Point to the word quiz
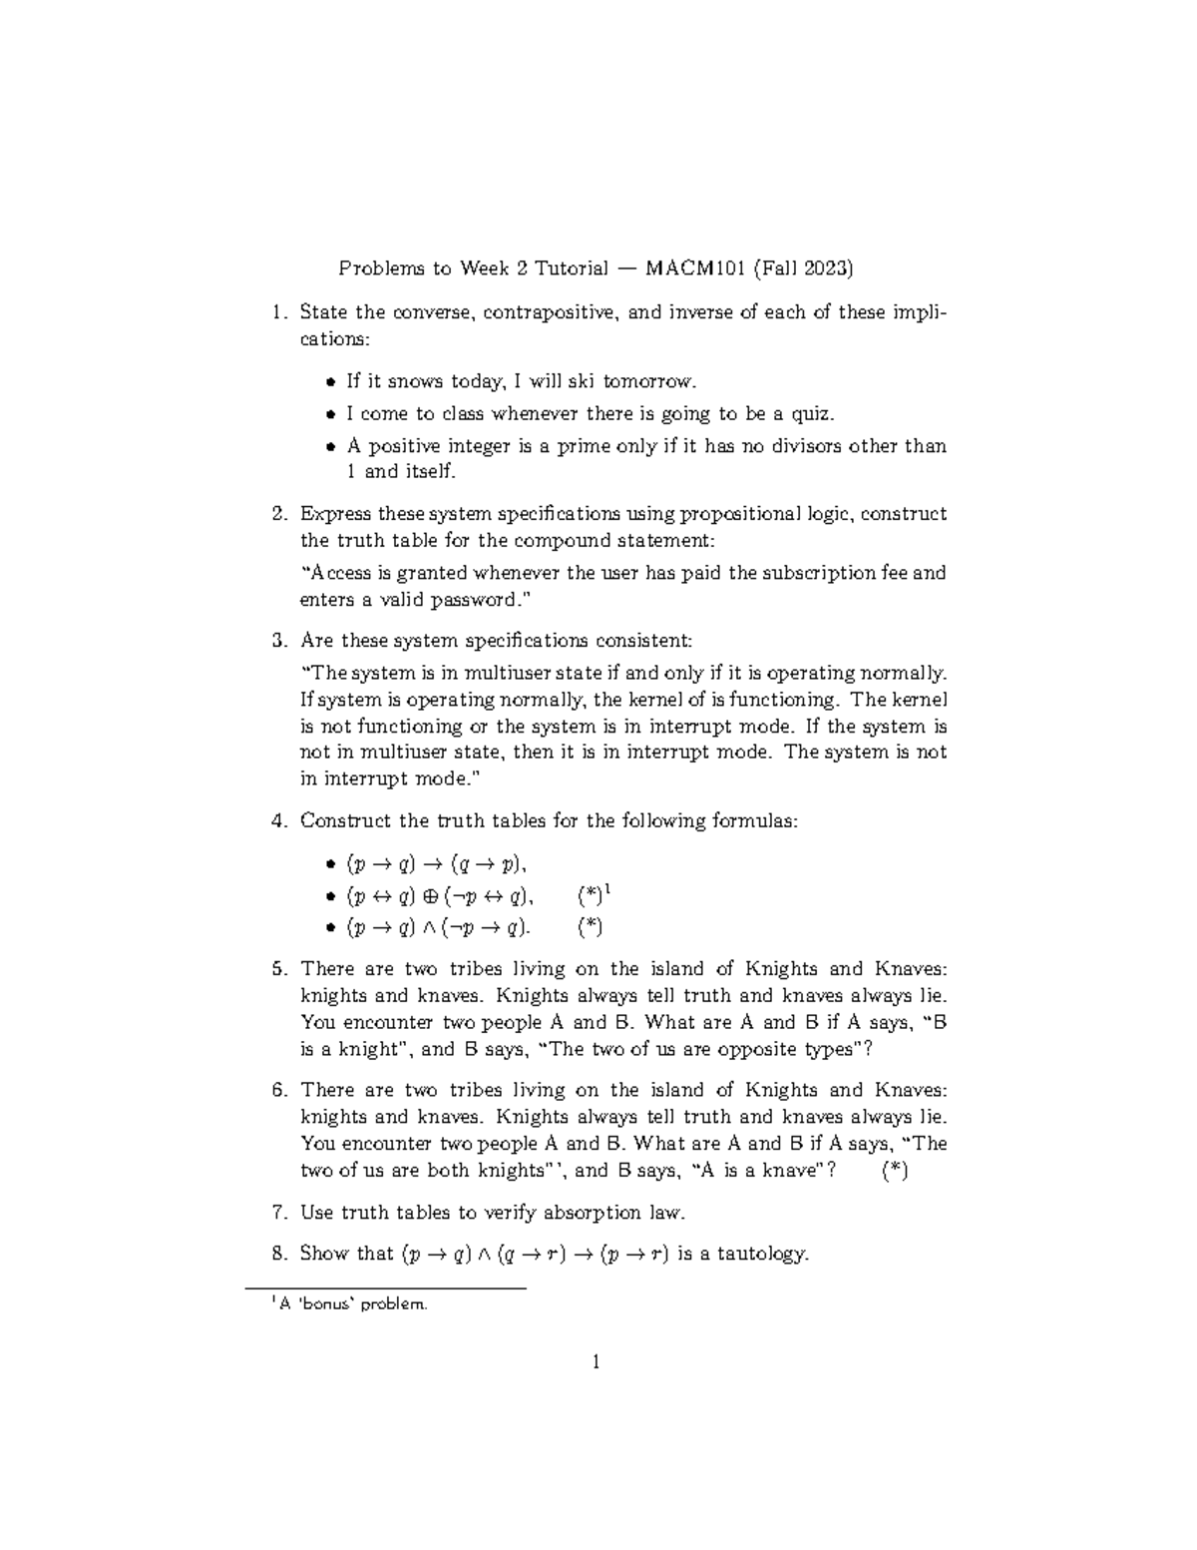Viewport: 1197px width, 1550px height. click(810, 413)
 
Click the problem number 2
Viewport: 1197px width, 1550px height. click(276, 514)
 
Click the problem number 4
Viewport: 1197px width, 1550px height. click(276, 821)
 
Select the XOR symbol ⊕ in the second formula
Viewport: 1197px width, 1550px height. click(431, 895)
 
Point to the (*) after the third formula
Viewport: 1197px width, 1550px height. click(591, 927)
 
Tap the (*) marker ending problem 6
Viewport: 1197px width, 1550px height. click(895, 1171)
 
